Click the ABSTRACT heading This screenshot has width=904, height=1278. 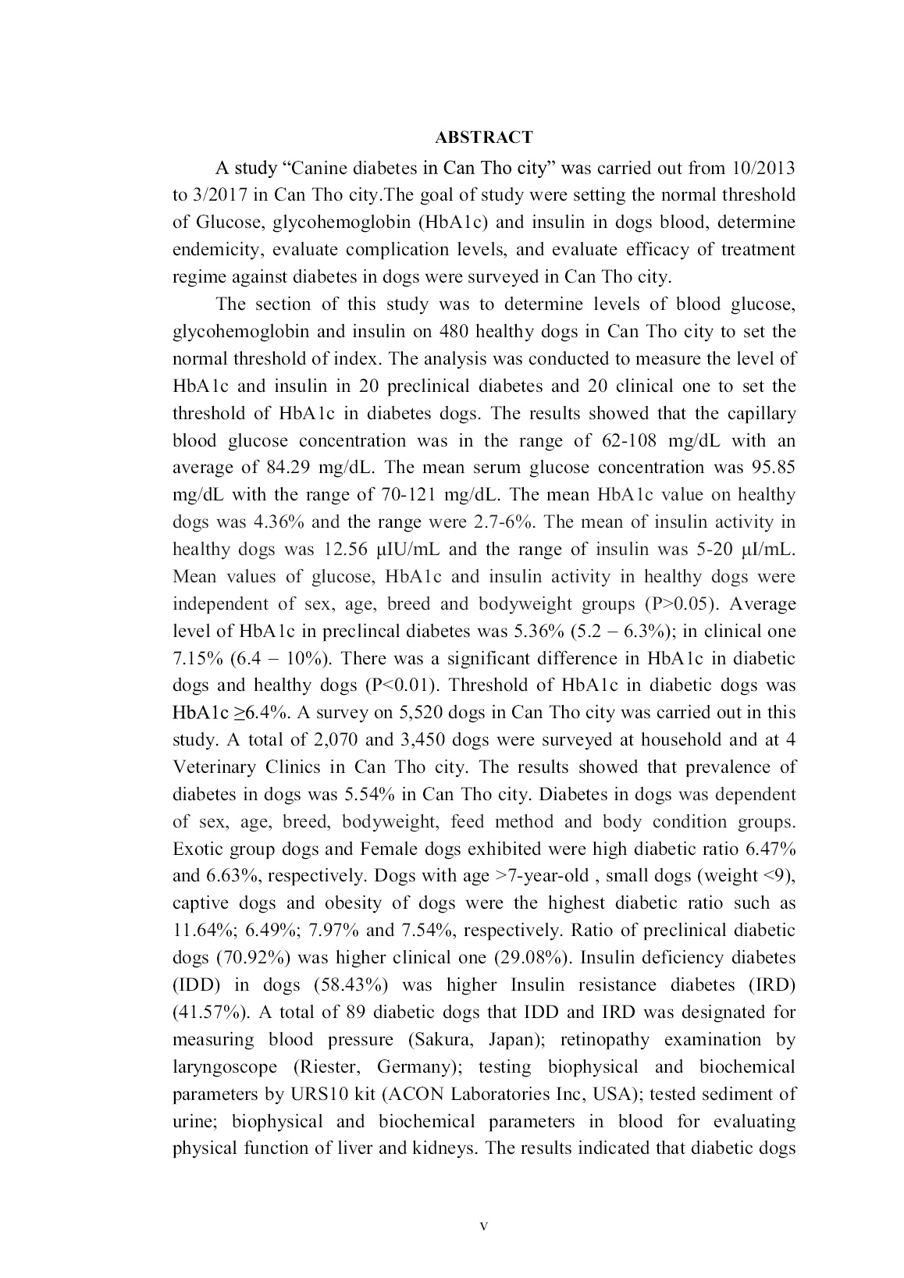[484, 138]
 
